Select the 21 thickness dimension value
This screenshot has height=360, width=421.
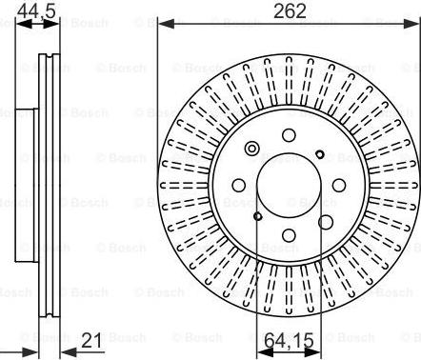[x=92, y=340]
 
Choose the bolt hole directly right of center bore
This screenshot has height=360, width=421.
[x=337, y=184]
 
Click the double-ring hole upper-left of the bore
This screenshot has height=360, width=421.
[x=251, y=149]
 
